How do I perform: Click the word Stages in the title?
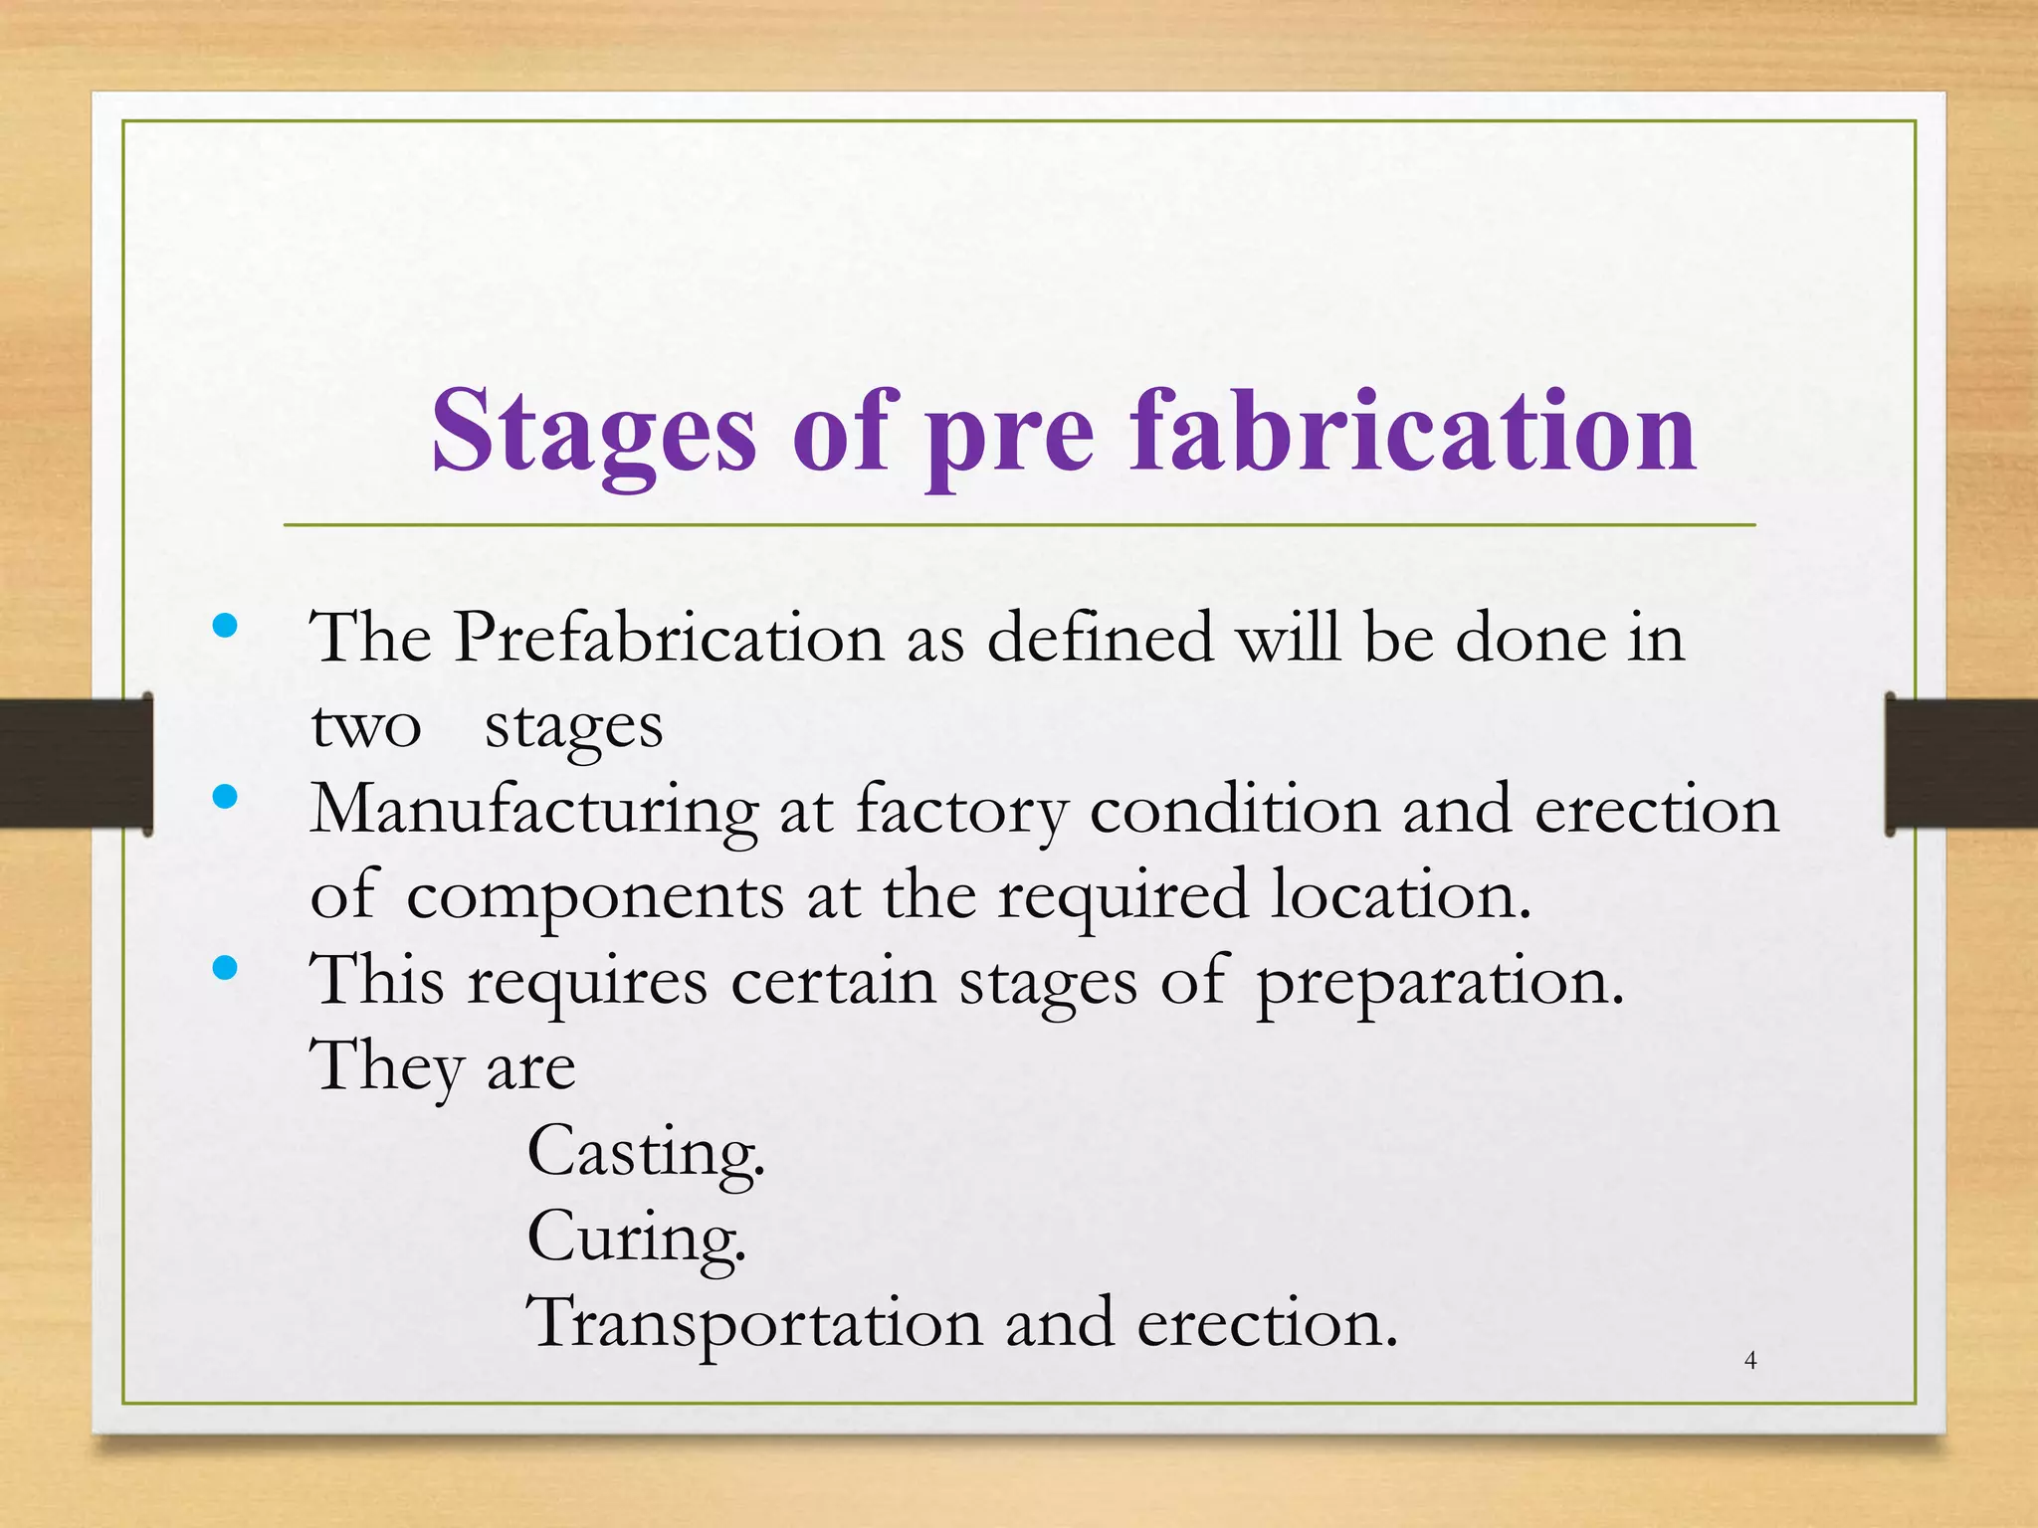tap(593, 433)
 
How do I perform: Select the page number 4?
tap(1751, 1360)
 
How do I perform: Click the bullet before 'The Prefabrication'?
tap(226, 626)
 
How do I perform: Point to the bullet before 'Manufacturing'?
tap(226, 797)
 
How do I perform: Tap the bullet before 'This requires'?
tap(226, 968)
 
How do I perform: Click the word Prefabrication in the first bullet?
tap(670, 637)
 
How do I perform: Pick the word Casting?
tap(645, 1153)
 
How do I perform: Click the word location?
tap(1401, 894)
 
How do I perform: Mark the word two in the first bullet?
tap(366, 726)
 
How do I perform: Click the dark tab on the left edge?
tap(76, 763)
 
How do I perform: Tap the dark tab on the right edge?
tap(1960, 763)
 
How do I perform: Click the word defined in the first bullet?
tap(1100, 637)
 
